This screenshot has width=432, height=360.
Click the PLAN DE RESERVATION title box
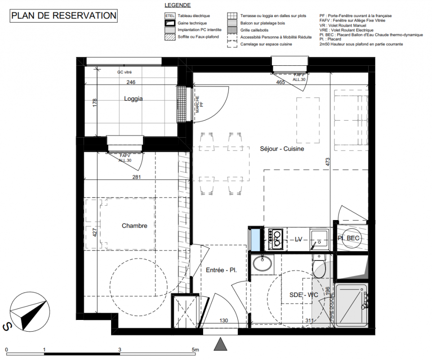click(x=64, y=16)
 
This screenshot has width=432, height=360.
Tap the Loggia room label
click(x=134, y=99)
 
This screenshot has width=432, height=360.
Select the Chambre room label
click(x=134, y=225)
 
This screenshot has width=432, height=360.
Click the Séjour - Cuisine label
click(x=282, y=148)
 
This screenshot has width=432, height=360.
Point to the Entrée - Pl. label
click(x=221, y=270)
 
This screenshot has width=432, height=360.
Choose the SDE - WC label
click(x=303, y=295)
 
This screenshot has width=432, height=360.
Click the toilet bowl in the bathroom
click(x=319, y=266)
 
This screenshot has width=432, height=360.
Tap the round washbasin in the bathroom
click(x=262, y=263)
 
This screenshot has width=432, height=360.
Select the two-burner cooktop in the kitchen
click(x=276, y=239)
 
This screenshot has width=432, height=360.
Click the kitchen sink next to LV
click(x=319, y=239)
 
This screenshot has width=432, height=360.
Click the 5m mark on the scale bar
click(x=195, y=350)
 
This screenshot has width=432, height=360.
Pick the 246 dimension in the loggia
click(x=131, y=82)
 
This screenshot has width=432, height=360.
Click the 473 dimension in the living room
click(x=327, y=162)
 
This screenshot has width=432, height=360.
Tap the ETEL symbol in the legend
click(x=170, y=16)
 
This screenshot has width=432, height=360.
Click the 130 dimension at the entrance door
click(x=224, y=320)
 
